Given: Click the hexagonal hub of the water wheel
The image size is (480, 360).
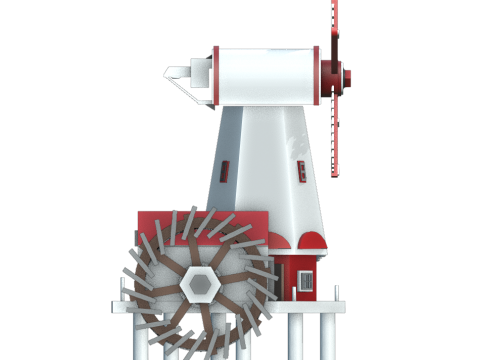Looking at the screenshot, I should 201,283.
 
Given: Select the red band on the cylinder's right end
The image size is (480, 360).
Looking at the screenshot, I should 319,76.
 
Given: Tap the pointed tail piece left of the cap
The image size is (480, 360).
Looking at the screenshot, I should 178,74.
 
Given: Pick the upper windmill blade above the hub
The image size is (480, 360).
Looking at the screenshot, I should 335,25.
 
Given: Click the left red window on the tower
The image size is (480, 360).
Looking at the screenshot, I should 227,170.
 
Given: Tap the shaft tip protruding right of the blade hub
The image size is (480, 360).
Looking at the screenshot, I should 349,75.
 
